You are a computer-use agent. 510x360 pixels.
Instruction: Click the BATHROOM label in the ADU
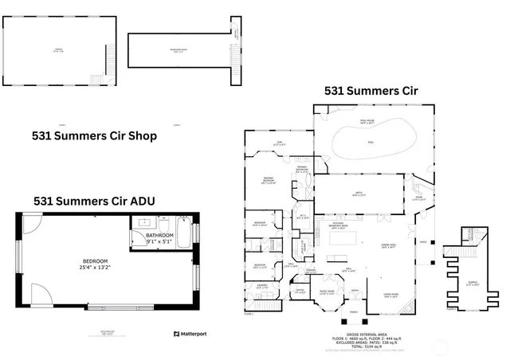click(x=159, y=236)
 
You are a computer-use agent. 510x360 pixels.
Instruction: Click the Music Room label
click(x=327, y=292)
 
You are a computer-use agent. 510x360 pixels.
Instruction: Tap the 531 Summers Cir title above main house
click(x=371, y=92)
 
